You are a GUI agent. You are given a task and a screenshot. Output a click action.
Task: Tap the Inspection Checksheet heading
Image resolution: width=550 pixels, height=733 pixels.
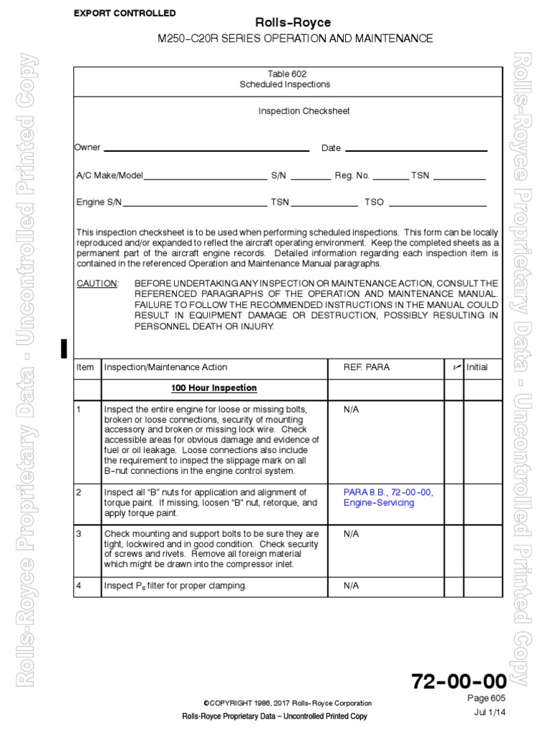294,112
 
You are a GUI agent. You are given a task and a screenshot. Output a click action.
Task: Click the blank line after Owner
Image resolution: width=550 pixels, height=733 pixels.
206,150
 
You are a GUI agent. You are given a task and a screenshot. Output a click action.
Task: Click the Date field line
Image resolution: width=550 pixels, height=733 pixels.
415,150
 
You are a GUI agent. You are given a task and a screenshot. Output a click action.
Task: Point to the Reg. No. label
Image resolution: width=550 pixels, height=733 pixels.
352,175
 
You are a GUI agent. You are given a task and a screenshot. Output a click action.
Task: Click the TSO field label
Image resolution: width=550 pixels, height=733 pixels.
375,203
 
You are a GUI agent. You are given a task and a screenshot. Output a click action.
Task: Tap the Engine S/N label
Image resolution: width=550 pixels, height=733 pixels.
100,203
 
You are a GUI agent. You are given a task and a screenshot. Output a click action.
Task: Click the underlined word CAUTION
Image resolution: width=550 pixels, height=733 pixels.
97,283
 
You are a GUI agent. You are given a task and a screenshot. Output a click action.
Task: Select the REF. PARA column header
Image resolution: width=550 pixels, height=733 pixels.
367,367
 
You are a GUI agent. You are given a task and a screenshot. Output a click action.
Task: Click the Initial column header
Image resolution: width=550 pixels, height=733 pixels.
477,367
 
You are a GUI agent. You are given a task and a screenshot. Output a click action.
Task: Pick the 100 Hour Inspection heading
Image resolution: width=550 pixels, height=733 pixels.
213,388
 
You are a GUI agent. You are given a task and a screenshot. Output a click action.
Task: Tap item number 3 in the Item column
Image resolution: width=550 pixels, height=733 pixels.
79,534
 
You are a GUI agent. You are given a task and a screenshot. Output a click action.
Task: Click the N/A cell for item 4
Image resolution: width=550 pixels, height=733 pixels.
351,586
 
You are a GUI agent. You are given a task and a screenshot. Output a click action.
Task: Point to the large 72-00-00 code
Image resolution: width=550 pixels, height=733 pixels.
458,681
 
